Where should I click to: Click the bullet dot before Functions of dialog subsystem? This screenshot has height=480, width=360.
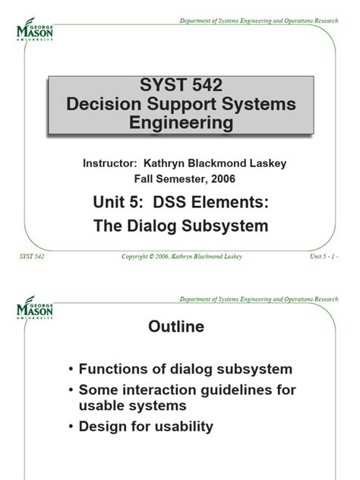click(x=71, y=369)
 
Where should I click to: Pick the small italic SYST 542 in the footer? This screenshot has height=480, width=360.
click(x=31, y=257)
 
